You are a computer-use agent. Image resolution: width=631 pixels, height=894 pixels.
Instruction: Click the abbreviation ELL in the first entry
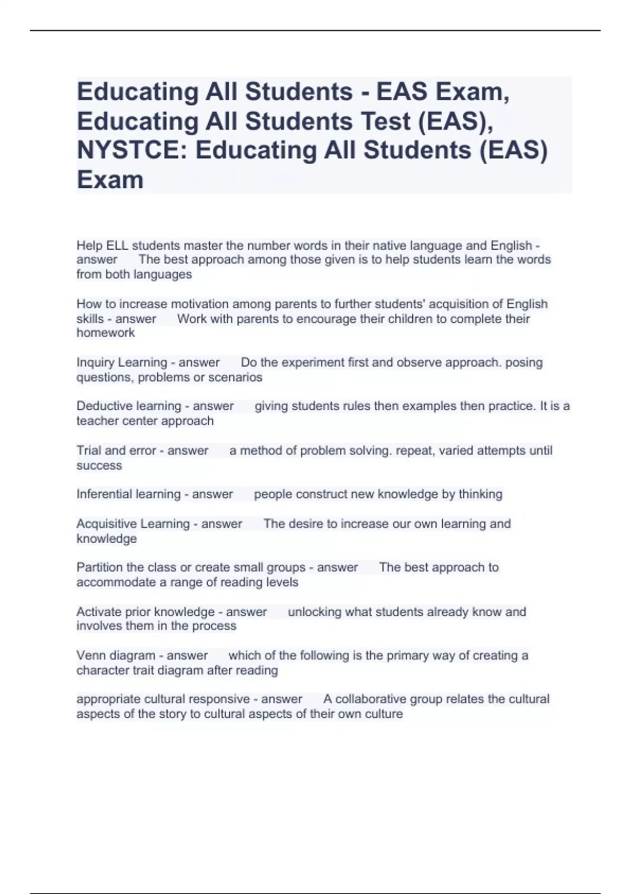coord(117,246)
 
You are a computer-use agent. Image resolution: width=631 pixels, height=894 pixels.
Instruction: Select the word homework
coord(106,333)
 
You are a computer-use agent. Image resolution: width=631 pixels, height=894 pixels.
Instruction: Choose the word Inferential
coord(103,494)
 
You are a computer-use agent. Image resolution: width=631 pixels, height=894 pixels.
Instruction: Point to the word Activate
coord(98,612)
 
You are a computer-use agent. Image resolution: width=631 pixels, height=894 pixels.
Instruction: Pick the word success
coord(99,466)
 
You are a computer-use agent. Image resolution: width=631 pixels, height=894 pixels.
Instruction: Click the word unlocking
coord(314,612)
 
